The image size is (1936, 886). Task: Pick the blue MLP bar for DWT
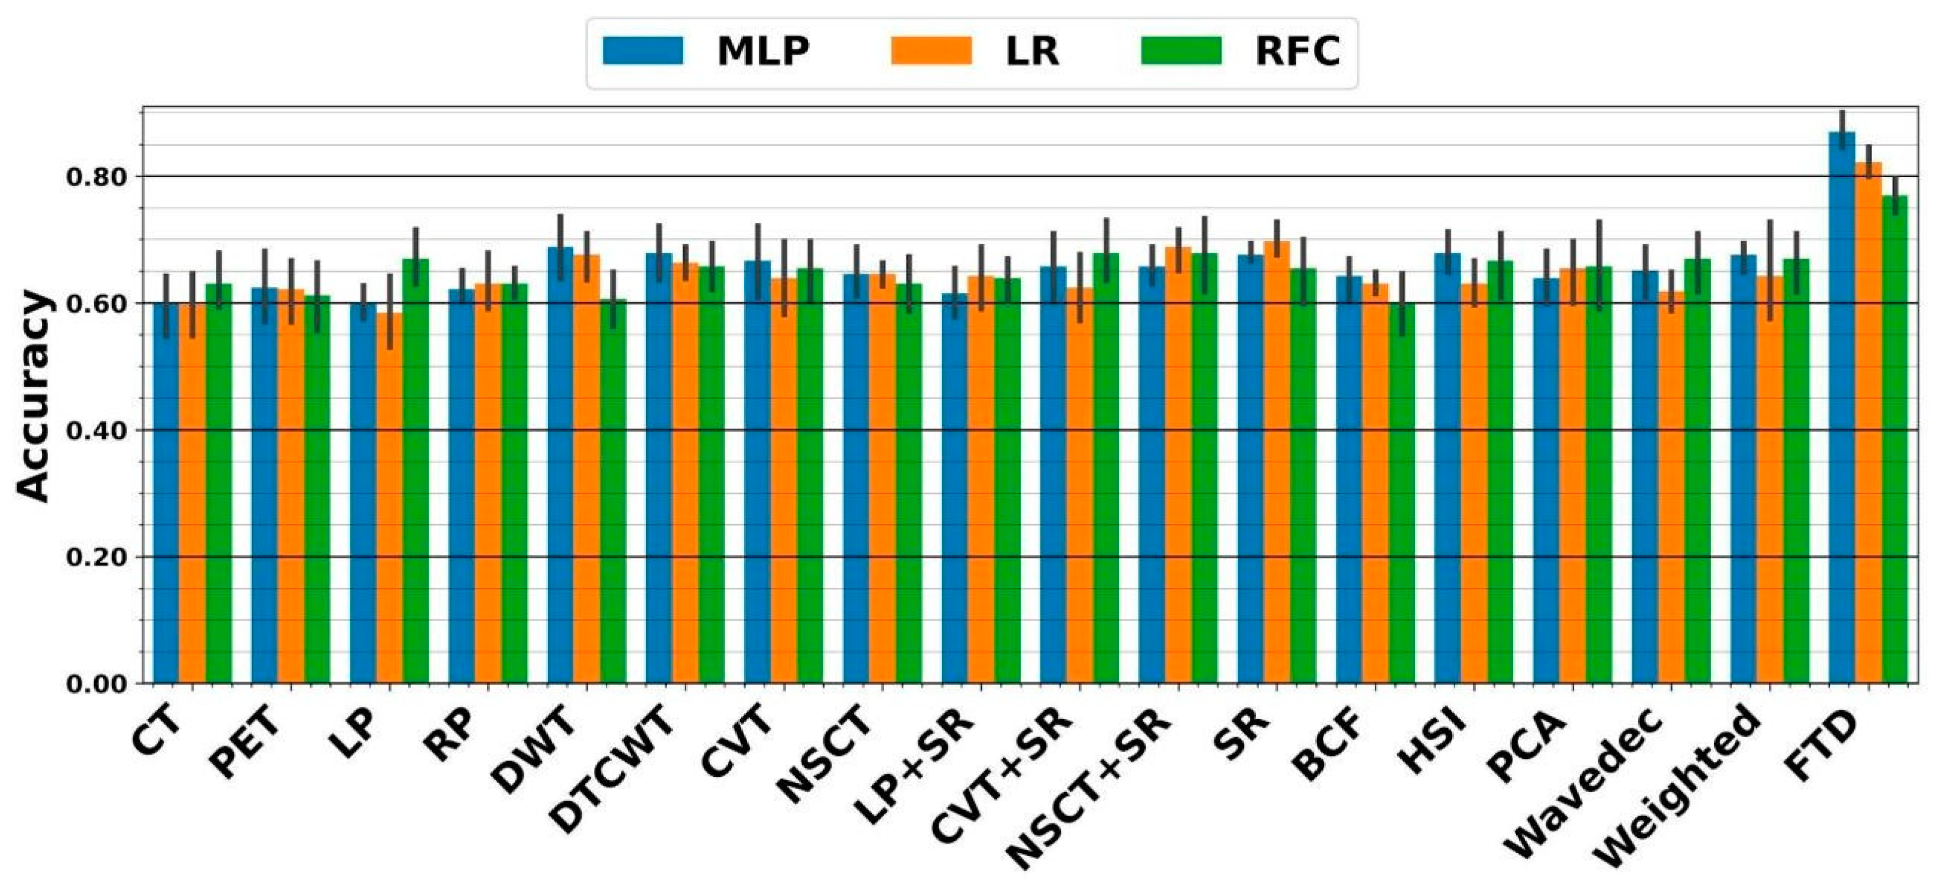pos(560,466)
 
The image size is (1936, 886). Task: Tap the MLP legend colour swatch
pos(643,51)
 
